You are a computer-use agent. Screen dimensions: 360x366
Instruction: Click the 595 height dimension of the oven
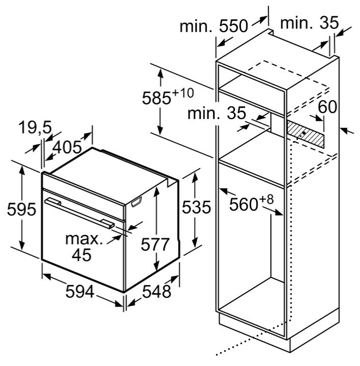click(x=22, y=209)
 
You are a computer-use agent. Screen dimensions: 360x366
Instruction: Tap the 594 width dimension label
click(x=80, y=291)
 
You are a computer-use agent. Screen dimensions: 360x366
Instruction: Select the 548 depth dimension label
click(x=157, y=291)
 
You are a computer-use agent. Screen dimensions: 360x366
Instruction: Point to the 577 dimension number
click(x=155, y=244)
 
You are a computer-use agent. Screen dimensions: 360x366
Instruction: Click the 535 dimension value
click(x=196, y=207)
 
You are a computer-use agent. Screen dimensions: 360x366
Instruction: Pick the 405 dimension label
click(x=67, y=148)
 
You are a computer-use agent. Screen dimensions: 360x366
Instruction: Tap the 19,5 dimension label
click(x=35, y=127)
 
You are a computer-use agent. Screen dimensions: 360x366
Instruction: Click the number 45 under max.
click(x=81, y=255)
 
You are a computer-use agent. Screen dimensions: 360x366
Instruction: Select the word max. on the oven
click(x=84, y=239)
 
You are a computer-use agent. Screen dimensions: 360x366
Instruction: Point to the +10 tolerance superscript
click(x=183, y=93)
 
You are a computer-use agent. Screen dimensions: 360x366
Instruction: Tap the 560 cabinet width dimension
click(x=244, y=204)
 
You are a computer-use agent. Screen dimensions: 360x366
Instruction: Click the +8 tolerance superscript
click(x=266, y=200)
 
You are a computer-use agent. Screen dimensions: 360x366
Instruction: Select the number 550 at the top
click(x=233, y=26)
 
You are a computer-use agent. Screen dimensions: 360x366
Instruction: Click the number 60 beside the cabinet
click(x=327, y=107)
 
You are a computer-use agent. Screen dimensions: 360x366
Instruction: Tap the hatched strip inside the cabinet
click(x=306, y=134)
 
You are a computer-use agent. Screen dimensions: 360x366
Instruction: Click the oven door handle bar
click(x=79, y=213)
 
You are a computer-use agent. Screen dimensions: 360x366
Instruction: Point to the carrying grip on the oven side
click(x=137, y=202)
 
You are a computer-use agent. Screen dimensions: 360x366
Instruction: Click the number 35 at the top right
click(x=329, y=23)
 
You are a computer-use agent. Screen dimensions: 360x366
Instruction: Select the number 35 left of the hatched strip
click(x=236, y=113)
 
